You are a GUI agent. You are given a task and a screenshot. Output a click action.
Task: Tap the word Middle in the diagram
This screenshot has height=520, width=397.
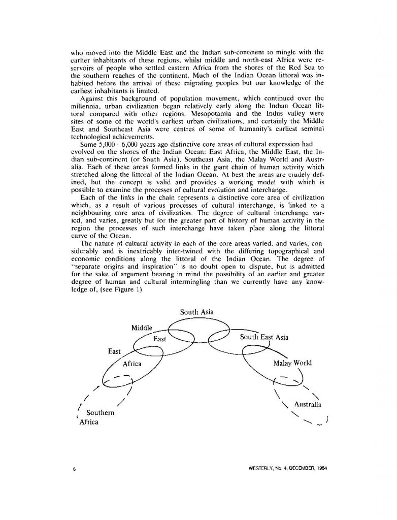click(x=143, y=328)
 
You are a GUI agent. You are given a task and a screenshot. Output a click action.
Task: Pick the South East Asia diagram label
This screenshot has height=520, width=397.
click(x=264, y=337)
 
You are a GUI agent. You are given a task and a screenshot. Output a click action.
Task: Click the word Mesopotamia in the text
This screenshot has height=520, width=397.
click(x=198, y=122)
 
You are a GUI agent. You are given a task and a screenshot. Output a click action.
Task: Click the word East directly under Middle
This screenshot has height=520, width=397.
click(x=160, y=338)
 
